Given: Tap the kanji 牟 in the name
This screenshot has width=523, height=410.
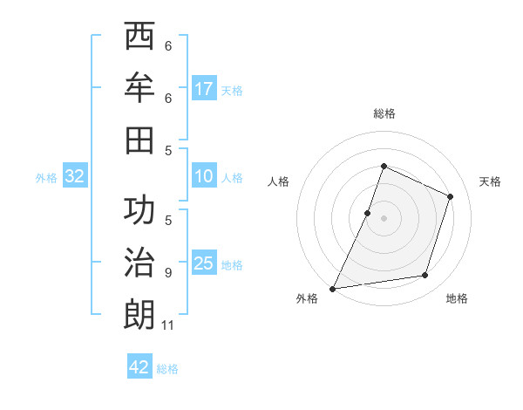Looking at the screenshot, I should pyautogui.click(x=139, y=88).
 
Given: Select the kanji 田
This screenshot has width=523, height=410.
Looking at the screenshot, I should pyautogui.click(x=139, y=139).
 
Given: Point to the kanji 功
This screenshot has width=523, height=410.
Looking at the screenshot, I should pyautogui.click(x=139, y=210).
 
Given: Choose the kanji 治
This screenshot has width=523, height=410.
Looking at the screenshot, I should pyautogui.click(x=139, y=262).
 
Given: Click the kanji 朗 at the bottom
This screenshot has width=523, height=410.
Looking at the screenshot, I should pyautogui.click(x=139, y=313).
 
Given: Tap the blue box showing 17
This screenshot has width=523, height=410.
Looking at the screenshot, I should pyautogui.click(x=204, y=88).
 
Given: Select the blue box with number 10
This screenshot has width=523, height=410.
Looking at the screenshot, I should pyautogui.click(x=204, y=176).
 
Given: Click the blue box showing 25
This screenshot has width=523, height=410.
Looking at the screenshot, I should pyautogui.click(x=204, y=263).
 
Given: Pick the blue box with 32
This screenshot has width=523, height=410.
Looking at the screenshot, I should pyautogui.click(x=75, y=176).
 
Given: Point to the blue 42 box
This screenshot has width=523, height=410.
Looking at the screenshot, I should pyautogui.click(x=139, y=367).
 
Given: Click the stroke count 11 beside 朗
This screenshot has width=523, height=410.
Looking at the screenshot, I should pyautogui.click(x=168, y=325).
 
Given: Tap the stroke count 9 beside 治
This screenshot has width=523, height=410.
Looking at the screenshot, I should pyautogui.click(x=168, y=273).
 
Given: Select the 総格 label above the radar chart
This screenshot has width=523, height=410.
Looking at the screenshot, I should pyautogui.click(x=384, y=113).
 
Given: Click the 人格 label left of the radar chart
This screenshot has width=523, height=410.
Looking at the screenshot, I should pyautogui.click(x=278, y=181).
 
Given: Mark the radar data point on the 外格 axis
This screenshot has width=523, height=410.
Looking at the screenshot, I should pyautogui.click(x=332, y=288).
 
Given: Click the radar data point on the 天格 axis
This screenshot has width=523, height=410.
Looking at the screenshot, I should pyautogui.click(x=451, y=196).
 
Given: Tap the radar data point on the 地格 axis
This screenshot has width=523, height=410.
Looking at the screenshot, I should pyautogui.click(x=425, y=275).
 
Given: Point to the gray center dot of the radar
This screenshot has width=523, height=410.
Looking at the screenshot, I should pyautogui.click(x=384, y=217).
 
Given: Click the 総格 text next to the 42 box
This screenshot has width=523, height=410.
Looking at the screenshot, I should pyautogui.click(x=167, y=369).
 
